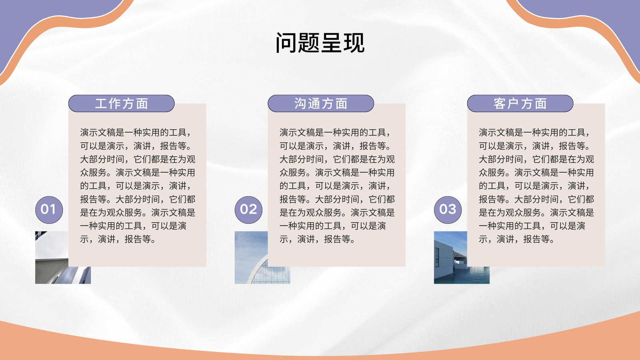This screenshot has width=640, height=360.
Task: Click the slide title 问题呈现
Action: (x=320, y=43)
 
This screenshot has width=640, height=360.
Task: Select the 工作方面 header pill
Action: (x=122, y=104)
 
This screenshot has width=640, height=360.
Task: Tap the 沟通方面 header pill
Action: (x=321, y=104)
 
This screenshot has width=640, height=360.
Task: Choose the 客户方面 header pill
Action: (x=520, y=104)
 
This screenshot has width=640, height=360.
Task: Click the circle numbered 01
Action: (x=49, y=210)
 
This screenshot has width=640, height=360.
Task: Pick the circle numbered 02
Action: (x=248, y=210)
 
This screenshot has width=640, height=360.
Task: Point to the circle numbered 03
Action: (x=448, y=210)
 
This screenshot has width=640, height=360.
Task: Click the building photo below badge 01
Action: (x=52, y=257)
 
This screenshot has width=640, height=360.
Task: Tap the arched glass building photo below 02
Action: (x=251, y=257)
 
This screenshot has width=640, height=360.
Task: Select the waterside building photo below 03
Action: (x=450, y=257)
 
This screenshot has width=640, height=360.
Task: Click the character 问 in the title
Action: (x=286, y=43)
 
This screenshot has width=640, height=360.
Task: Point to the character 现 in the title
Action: (x=354, y=43)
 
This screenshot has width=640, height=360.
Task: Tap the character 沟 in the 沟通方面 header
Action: (x=300, y=104)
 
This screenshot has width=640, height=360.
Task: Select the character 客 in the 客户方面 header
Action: (x=500, y=104)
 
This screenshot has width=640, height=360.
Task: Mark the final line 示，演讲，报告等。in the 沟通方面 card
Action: (x=318, y=239)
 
